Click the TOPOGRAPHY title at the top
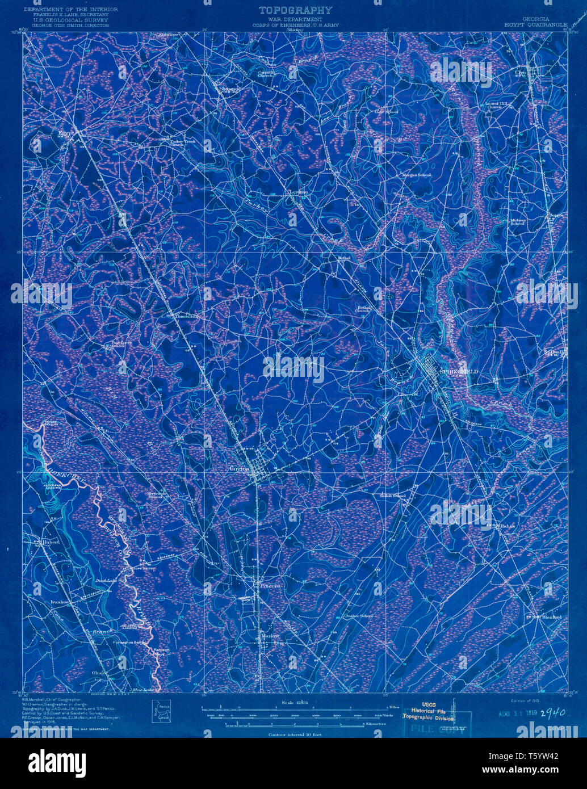coord(295,10)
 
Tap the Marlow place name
coord(270,636)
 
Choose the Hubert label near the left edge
coord(51,542)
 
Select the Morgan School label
coord(417,175)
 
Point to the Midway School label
coord(517,221)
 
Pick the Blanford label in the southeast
coord(551,616)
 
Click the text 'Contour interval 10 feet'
coord(295,734)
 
